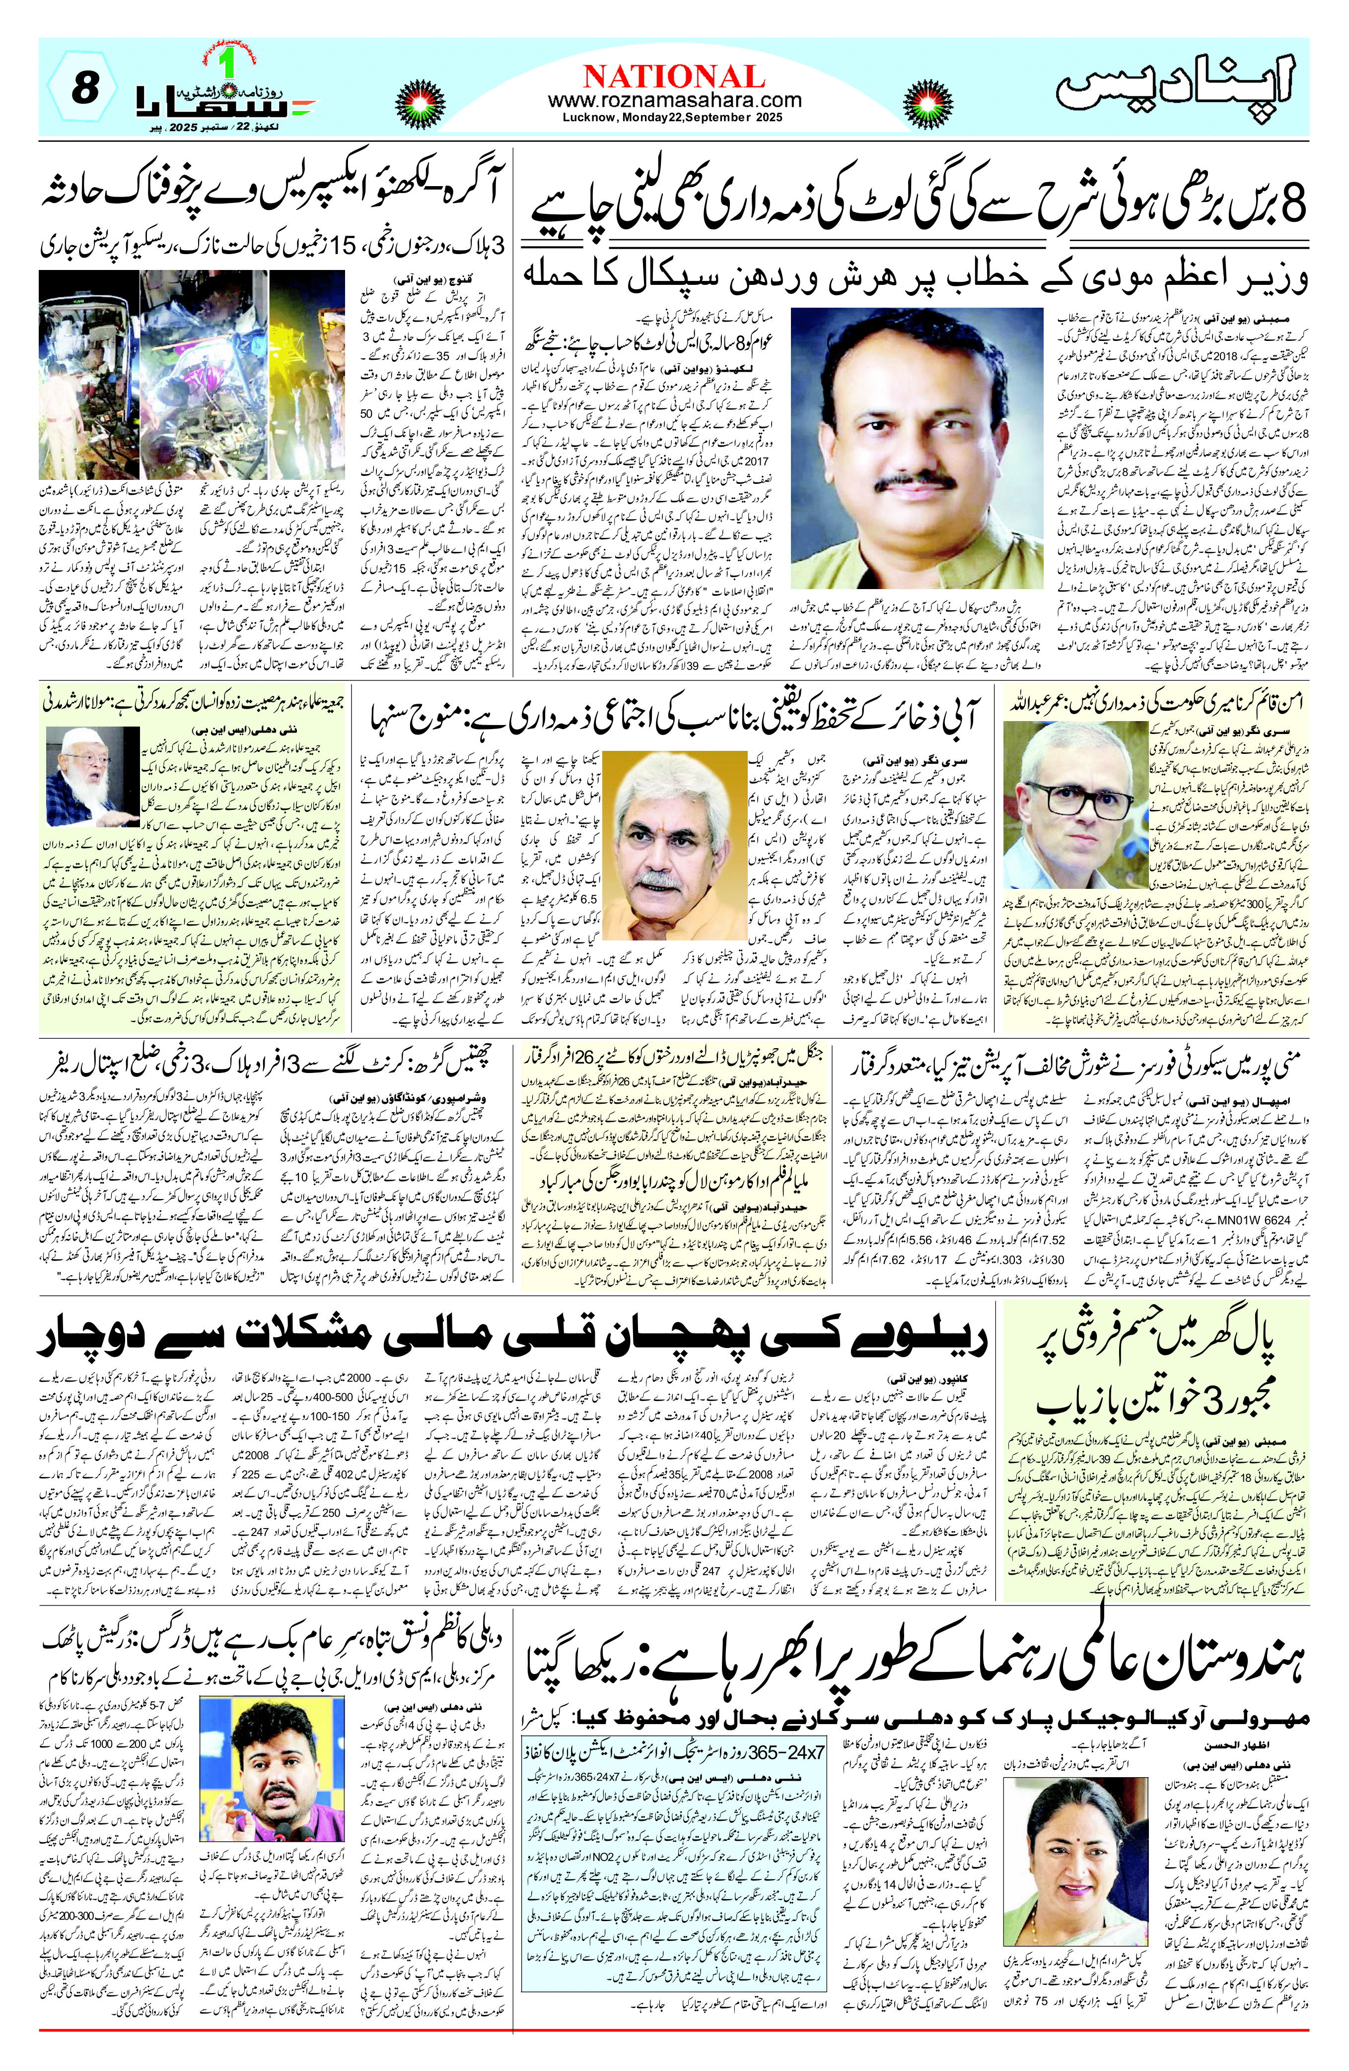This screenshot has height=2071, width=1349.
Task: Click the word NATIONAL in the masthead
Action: point(674,76)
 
